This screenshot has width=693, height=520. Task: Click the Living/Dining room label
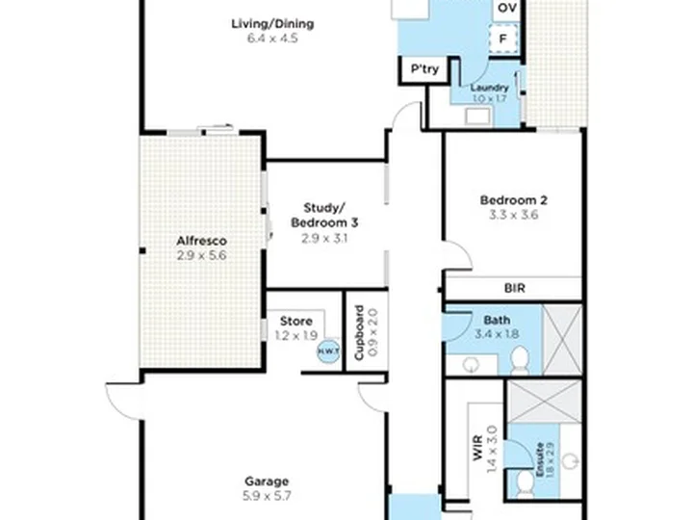(x=272, y=24)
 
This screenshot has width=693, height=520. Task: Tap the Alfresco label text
(x=201, y=241)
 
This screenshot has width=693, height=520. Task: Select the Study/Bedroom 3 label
(x=324, y=215)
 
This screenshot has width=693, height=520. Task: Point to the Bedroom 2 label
(x=514, y=200)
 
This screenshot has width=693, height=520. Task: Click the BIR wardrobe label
(x=514, y=287)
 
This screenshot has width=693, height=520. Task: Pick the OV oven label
(x=508, y=8)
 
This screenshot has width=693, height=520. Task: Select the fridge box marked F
(x=503, y=39)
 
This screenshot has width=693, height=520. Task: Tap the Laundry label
(x=490, y=87)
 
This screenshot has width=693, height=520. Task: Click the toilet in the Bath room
(x=520, y=360)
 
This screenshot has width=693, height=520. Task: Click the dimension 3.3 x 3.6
(x=514, y=215)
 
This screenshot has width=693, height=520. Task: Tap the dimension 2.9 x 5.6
(x=201, y=255)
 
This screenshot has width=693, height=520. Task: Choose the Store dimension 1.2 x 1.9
(x=296, y=335)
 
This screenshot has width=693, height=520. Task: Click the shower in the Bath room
(x=561, y=339)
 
